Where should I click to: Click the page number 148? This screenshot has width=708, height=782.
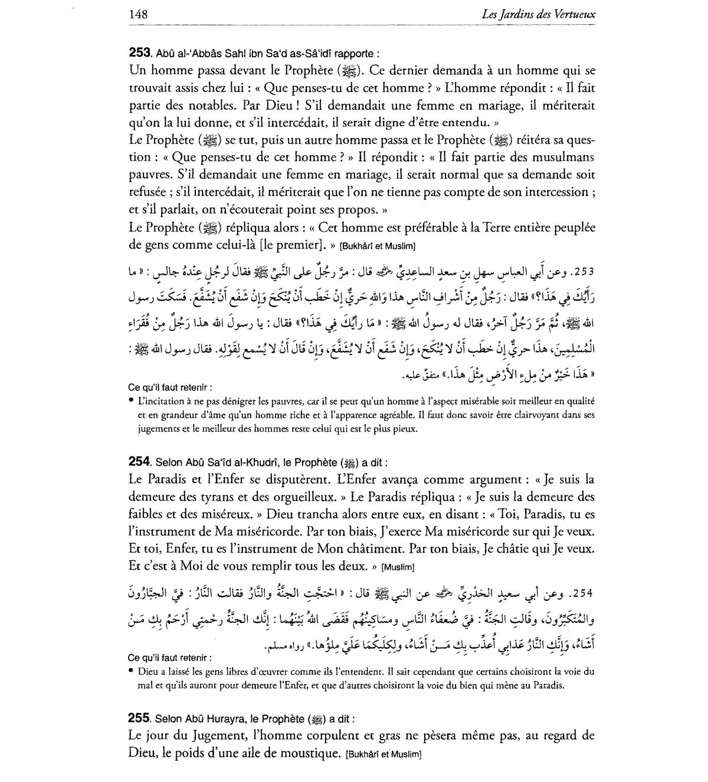pos(137,14)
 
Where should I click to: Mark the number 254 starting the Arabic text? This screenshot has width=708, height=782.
pos(583,592)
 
